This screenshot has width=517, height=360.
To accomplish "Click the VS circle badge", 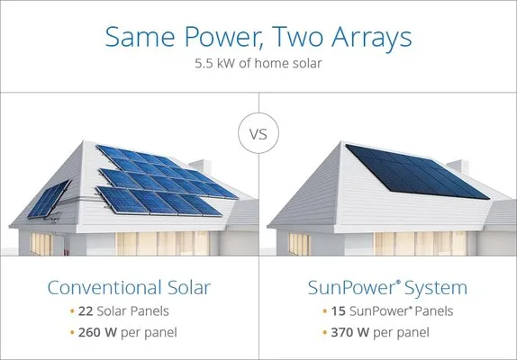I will tap(258, 136).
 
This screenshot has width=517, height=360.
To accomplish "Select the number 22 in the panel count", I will tap(86, 311).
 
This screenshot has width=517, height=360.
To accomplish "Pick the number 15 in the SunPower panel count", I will tap(337, 311).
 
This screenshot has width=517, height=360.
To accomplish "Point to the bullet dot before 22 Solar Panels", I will tap(71, 312).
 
